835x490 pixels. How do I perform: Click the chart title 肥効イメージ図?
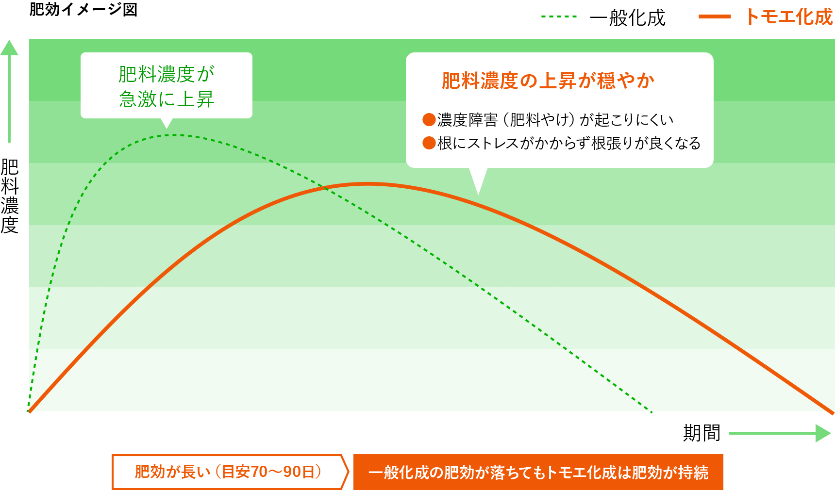tap(83, 9)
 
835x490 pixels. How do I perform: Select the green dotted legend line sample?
tap(559, 16)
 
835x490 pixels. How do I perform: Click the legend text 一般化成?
tap(627, 18)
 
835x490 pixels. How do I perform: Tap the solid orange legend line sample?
tap(715, 16)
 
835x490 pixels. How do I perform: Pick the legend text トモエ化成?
tap(789, 17)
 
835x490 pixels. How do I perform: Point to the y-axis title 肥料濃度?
tap(10, 196)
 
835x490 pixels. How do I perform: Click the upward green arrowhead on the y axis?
tap(9, 48)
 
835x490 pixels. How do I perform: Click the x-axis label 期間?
tap(701, 433)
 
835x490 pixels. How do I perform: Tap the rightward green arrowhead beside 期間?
tap(823, 433)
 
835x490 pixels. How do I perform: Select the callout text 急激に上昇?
tap(167, 99)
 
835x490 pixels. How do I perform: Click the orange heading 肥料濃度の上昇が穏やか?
tap(548, 81)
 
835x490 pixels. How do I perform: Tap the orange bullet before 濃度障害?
tap(429, 119)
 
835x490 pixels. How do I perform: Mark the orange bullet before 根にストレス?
tap(429, 143)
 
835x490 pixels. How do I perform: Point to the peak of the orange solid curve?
tap(367, 184)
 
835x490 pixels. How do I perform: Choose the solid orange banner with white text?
tap(538, 472)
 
